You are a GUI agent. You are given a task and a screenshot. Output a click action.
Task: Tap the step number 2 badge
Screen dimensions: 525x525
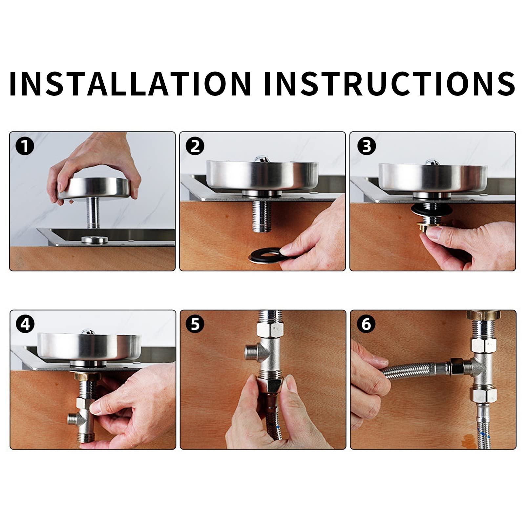195,146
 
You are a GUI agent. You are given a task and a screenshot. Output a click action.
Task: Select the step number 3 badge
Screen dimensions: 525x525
366,146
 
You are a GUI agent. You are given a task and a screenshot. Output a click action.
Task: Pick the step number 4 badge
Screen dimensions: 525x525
25,325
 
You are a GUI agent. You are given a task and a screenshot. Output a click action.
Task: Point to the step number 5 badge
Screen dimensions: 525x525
195,325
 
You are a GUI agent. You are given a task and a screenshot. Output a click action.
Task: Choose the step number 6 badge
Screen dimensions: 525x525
366,325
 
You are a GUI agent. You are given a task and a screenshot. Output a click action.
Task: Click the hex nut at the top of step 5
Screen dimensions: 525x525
270,328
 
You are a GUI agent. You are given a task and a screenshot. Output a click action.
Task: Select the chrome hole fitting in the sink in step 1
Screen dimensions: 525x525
94,240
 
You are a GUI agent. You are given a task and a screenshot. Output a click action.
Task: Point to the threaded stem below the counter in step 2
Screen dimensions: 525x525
261,217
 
